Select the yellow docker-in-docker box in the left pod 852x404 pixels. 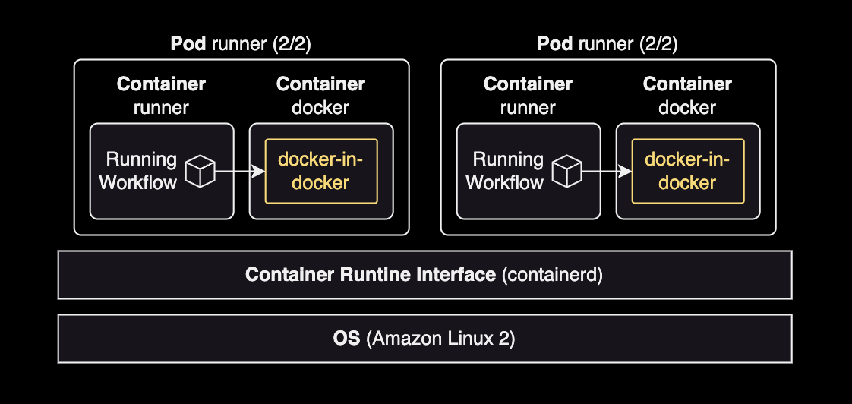320,171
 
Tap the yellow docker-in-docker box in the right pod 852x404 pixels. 687,171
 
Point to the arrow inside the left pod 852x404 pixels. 239,172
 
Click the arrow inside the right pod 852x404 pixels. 606,172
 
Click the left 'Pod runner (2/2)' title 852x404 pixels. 241,44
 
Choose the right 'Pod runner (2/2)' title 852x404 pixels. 607,44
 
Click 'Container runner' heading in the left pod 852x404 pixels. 161,96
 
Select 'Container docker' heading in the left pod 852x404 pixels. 320,96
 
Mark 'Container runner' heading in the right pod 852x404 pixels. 528,96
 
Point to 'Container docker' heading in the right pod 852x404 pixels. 687,96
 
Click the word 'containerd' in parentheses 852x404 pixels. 552,275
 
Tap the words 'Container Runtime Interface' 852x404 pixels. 370,275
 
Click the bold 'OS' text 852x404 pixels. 347,339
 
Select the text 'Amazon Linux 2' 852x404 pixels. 440,339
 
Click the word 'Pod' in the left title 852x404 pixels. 188,44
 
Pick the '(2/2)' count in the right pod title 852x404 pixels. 658,44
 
